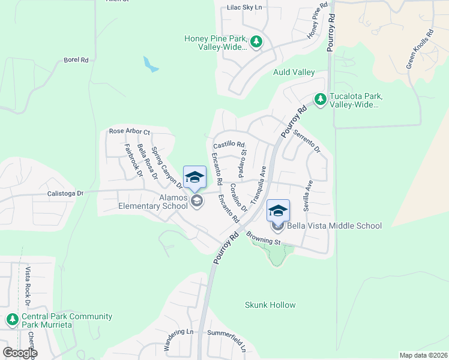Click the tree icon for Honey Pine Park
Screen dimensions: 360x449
[257, 41]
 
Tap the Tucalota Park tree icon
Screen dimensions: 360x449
[321, 99]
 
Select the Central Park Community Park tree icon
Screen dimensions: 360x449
[12, 320]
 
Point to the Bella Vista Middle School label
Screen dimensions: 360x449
[334, 226]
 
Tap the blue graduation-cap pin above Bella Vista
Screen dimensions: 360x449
[278, 211]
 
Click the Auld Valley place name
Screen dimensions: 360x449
[294, 72]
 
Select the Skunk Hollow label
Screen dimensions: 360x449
[270, 305]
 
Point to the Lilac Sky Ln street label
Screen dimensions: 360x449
[245, 7]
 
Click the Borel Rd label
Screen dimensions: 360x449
[76, 60]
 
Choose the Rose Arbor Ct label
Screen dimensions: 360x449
[129, 131]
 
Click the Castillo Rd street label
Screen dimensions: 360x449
[229, 145]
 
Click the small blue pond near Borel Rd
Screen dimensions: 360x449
[151, 64]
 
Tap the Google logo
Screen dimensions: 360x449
[19, 353]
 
